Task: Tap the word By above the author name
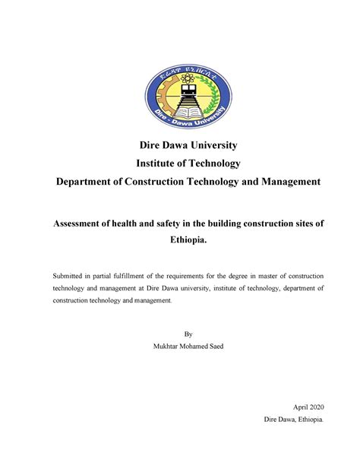tap(180, 334)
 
